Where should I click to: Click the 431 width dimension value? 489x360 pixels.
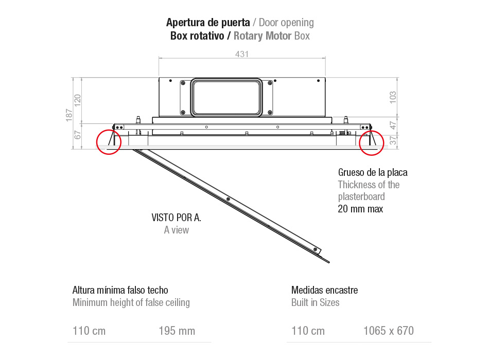[x=242, y=54]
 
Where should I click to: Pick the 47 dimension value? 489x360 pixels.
[x=394, y=125]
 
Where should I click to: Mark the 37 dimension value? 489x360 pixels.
[x=394, y=141]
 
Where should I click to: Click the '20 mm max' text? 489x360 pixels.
[x=360, y=209]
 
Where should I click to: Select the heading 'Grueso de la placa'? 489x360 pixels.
[x=373, y=172]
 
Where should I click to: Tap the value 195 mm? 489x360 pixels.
[x=177, y=331]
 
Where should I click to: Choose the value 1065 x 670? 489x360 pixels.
[x=389, y=331]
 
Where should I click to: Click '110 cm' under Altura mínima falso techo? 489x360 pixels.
[x=89, y=331]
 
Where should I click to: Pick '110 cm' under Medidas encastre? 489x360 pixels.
[x=308, y=331]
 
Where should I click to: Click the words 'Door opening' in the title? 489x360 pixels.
[x=286, y=23]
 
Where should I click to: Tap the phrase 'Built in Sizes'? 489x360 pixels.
[x=315, y=302]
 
